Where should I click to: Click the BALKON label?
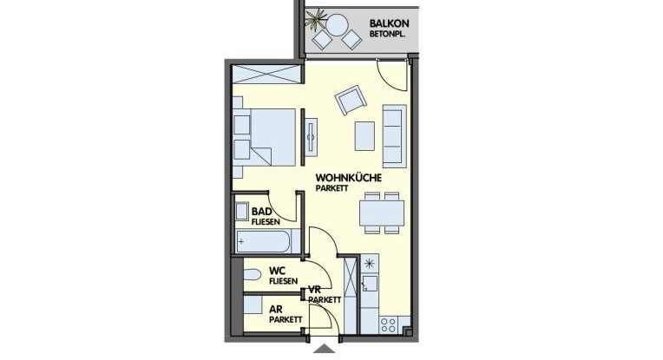click(x=389, y=23)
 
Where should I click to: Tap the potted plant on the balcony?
click(x=316, y=19)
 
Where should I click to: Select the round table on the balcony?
click(x=338, y=25)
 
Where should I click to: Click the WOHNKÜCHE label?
click(x=348, y=178)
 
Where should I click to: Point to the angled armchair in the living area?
click(x=351, y=100)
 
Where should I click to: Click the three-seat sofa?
click(x=395, y=136)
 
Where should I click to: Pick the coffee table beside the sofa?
click(x=364, y=136)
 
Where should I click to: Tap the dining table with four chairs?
click(x=382, y=213)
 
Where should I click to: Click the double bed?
click(x=264, y=137)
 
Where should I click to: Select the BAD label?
click(x=262, y=212)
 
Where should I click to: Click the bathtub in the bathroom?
click(x=263, y=242)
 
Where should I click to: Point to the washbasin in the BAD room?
click(x=242, y=212)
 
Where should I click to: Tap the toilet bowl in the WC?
click(x=252, y=275)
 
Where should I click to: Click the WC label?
click(x=277, y=271)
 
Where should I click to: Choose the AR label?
click(x=276, y=311)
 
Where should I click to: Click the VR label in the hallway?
click(x=315, y=290)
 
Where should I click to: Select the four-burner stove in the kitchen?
click(x=388, y=325)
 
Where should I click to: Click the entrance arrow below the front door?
click(x=325, y=349)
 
